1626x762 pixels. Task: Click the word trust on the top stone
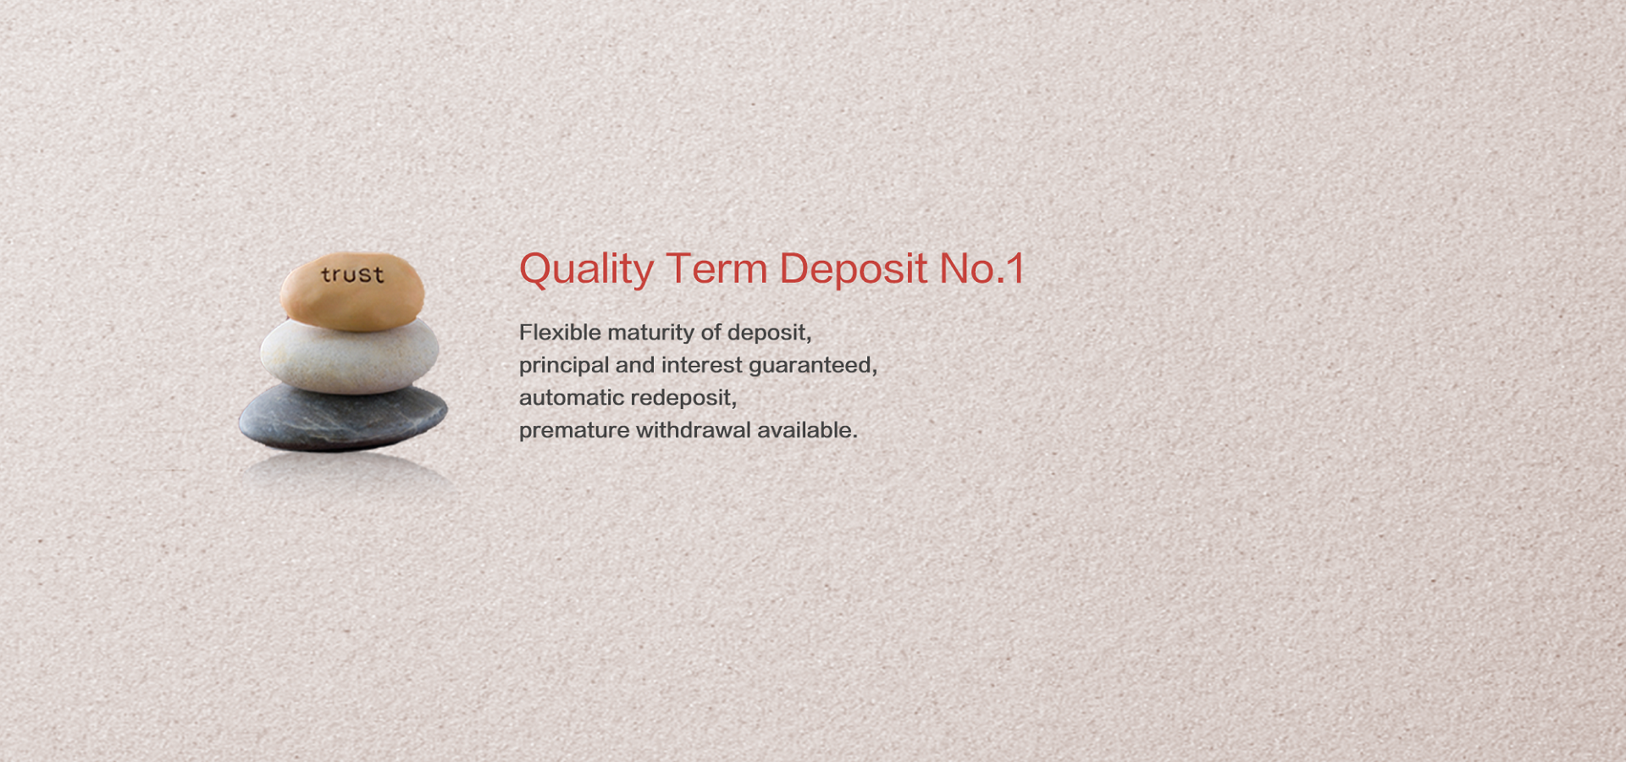click(352, 274)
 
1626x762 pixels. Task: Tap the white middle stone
click(350, 356)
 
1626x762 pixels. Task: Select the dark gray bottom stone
click(343, 417)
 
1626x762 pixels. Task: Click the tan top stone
click(352, 291)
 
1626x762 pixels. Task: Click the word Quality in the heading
click(586, 270)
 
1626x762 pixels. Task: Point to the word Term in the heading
click(716, 268)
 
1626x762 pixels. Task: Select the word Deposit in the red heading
click(853, 270)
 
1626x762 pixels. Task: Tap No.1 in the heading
click(982, 268)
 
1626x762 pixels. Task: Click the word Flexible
click(560, 332)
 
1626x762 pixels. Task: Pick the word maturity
click(650, 334)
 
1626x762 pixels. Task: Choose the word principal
click(564, 366)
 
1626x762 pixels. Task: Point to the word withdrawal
click(694, 430)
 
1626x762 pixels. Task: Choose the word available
click(807, 430)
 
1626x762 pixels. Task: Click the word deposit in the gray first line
click(769, 334)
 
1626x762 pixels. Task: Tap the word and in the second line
click(635, 365)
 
